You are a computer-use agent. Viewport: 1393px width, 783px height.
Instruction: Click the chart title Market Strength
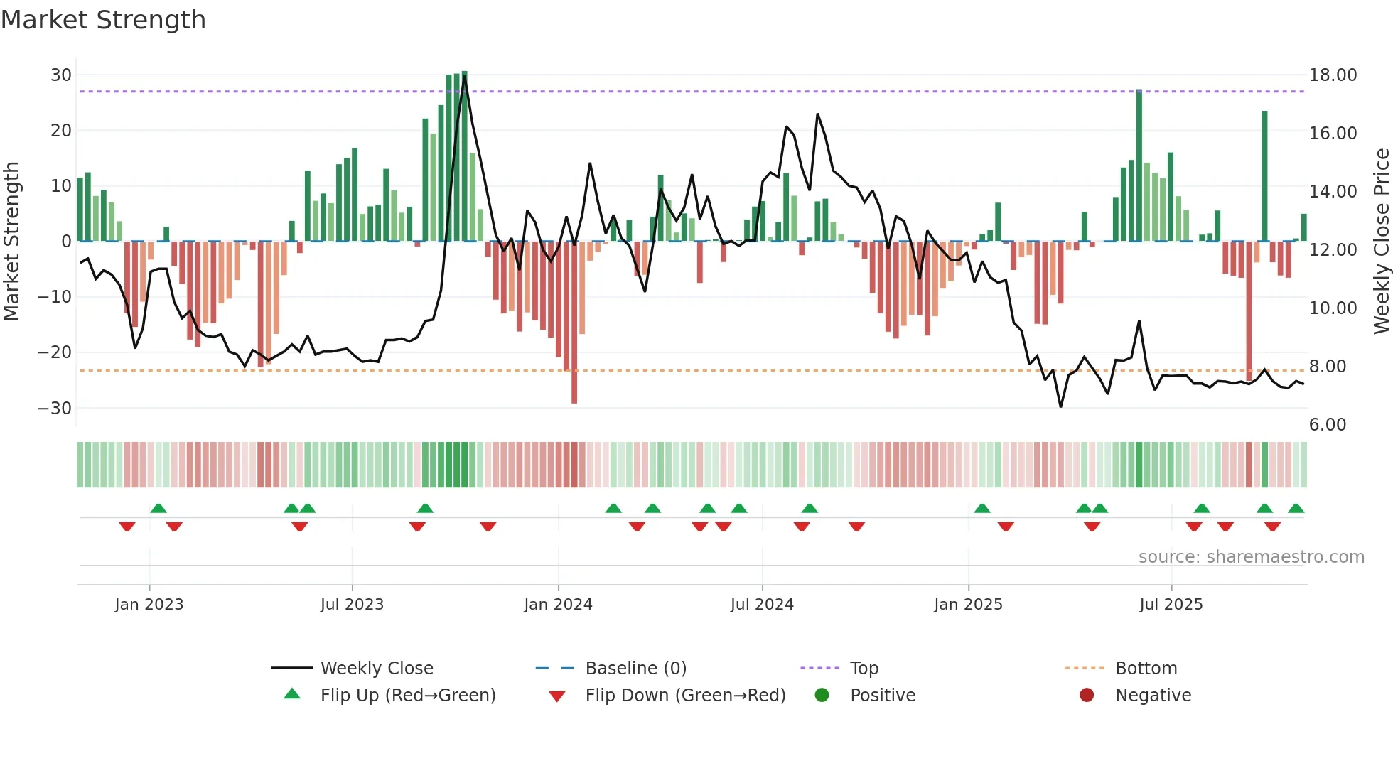(x=103, y=20)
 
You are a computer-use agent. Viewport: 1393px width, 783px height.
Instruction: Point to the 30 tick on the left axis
(x=61, y=75)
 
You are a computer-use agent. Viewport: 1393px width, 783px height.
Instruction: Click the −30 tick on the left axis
(x=55, y=408)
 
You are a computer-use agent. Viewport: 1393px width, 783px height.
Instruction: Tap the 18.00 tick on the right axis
(x=1333, y=75)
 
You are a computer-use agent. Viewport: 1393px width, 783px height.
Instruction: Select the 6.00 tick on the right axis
(x=1327, y=424)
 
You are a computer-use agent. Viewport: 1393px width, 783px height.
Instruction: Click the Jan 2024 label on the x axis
(x=558, y=604)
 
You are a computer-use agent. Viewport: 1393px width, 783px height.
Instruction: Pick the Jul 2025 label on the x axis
(x=1171, y=604)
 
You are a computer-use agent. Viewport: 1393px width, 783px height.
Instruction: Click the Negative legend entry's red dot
(x=1087, y=695)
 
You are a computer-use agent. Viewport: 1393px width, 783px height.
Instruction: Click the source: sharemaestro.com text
(x=1251, y=556)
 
